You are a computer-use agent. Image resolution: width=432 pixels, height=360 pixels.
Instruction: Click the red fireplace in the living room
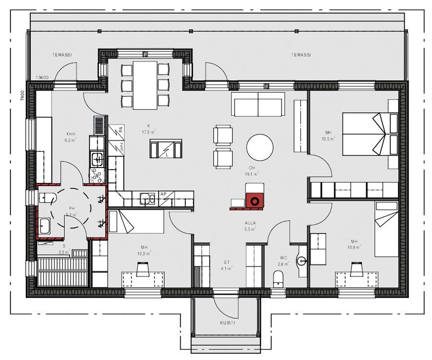coord(254,201)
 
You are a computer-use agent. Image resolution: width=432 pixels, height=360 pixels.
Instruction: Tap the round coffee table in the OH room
coord(260,147)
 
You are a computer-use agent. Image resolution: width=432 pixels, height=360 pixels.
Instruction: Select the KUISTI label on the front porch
coord(227,323)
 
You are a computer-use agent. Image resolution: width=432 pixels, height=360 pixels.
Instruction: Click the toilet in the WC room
coord(278,279)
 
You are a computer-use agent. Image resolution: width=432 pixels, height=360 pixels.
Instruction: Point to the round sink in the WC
coord(301,261)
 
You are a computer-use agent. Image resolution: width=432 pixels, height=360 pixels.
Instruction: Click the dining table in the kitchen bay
coord(145,84)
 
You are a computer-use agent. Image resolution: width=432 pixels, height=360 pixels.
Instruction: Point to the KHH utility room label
coord(71,134)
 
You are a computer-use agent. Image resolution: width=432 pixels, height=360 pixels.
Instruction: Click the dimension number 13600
coord(43,77)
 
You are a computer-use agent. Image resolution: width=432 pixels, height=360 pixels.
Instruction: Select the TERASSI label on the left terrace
coord(62,55)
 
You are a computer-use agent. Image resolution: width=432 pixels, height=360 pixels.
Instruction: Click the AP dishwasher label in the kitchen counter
coord(163,194)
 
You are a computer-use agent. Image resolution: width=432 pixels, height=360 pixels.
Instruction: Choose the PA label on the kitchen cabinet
coord(121,129)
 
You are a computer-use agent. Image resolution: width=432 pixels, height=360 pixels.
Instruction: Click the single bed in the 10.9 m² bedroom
coord(386,230)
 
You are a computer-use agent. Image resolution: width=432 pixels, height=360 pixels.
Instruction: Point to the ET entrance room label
coord(227,262)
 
